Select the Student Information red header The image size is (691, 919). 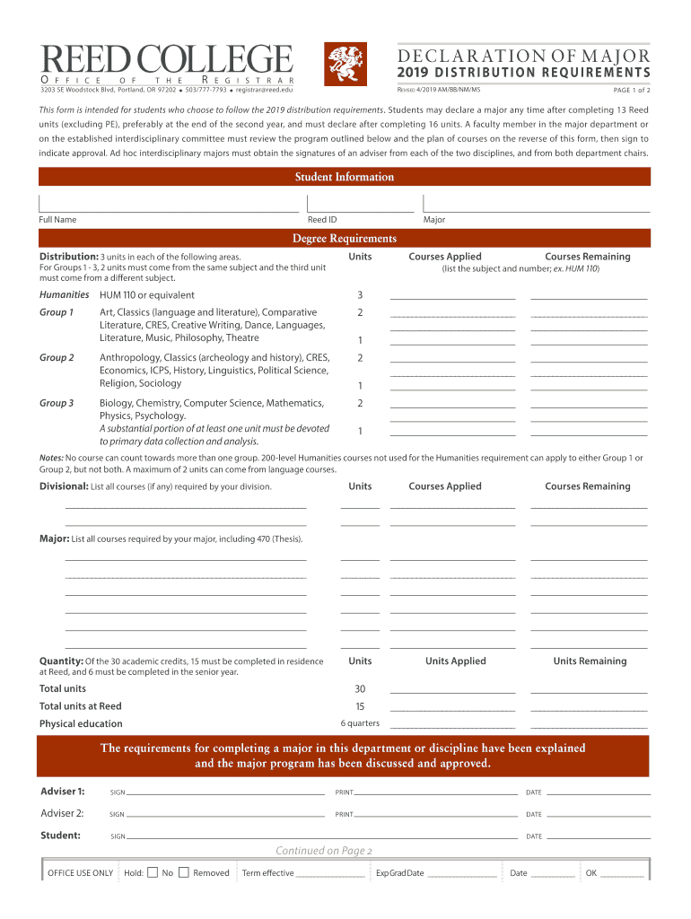click(x=345, y=177)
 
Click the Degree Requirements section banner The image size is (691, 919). click(x=345, y=238)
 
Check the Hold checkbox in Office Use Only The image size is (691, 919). click(x=153, y=872)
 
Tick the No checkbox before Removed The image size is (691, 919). click(x=183, y=872)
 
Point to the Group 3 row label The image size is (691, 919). click(x=57, y=403)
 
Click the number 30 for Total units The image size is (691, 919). click(x=360, y=689)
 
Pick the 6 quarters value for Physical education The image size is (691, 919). click(x=360, y=723)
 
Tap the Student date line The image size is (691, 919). click(x=599, y=836)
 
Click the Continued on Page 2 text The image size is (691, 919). click(x=323, y=851)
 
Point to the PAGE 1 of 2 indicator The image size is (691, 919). click(x=632, y=91)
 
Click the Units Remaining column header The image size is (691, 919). click(x=589, y=661)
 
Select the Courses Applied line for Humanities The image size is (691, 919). click(x=453, y=295)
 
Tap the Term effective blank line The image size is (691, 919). click(x=330, y=875)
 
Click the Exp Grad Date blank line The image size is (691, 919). click(x=462, y=875)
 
